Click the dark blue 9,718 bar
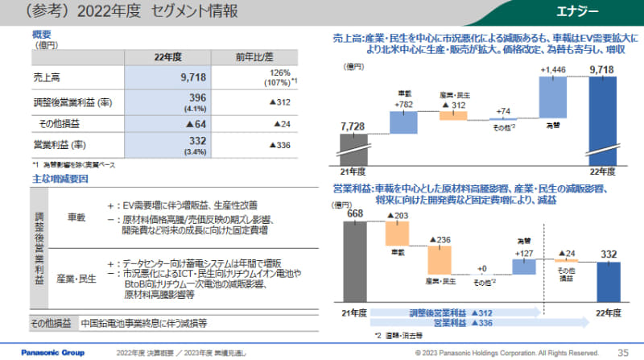[x=604, y=121]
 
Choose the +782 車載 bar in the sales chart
[x=403, y=122]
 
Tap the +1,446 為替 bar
[x=555, y=97]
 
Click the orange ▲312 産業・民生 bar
[x=453, y=115]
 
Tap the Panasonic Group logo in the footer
[x=38, y=352]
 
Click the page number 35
[x=622, y=352]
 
